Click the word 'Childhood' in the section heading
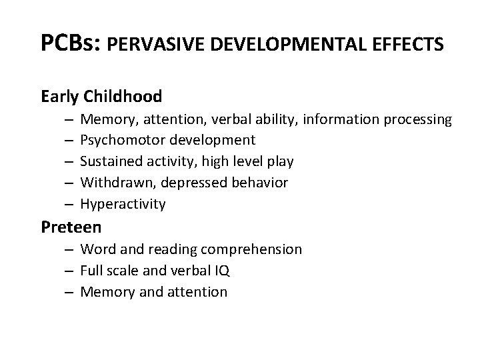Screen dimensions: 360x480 tap(123, 97)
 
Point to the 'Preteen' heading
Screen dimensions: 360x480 tap(71, 227)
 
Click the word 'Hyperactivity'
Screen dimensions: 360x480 tap(123, 204)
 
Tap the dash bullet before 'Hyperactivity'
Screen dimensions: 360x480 tap(69, 204)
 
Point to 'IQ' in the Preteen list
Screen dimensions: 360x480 tap(223, 271)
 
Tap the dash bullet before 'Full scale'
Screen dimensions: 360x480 tap(69, 271)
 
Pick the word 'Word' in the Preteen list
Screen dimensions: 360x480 tap(95, 249)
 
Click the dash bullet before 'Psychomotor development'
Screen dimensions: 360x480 tap(69, 141)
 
